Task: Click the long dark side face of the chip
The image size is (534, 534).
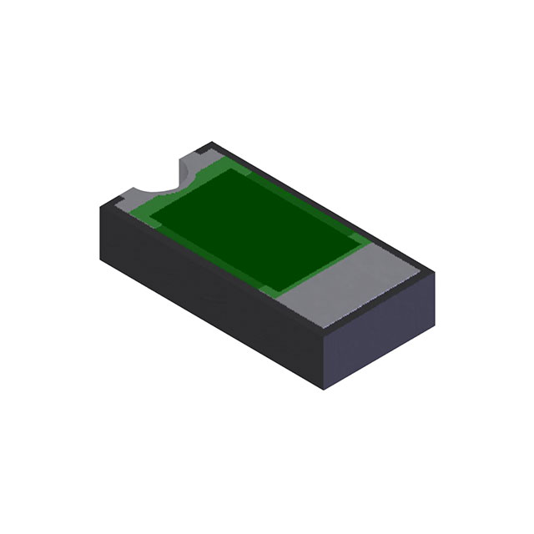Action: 209,284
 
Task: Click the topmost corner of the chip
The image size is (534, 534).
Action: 212,143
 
